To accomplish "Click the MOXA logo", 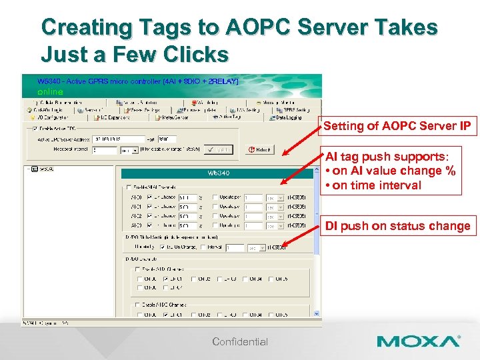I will pos(418,341).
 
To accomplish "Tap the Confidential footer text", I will pos(240,342).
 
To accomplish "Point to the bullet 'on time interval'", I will pos(376,185).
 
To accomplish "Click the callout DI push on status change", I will pos(397,226).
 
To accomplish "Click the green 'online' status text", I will pos(50,91).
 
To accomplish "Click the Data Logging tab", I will pos(289,117).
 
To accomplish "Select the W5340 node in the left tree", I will pos(38,169).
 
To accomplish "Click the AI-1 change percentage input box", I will pos(187,207).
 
